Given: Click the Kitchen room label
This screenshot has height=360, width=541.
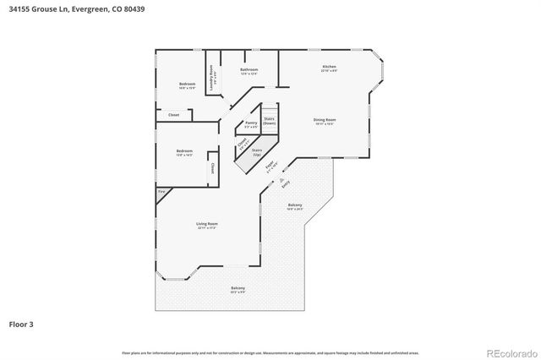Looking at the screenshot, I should pyautogui.click(x=329, y=67).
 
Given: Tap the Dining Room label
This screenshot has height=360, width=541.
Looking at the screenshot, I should pyautogui.click(x=325, y=121).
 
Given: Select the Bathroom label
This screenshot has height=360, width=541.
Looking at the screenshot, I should pyautogui.click(x=249, y=70).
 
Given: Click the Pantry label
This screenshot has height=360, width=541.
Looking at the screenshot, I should pyautogui.click(x=250, y=123).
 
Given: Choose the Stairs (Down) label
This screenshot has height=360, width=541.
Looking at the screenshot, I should pyautogui.click(x=269, y=121).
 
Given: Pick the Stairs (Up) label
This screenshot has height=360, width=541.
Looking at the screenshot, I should pyautogui.click(x=256, y=152).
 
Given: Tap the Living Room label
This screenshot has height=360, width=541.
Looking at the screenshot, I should pyautogui.click(x=207, y=225).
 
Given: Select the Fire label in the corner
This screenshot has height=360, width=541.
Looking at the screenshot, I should pyautogui.click(x=161, y=193).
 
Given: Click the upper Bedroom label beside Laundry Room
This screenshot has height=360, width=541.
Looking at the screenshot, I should pyautogui.click(x=187, y=84).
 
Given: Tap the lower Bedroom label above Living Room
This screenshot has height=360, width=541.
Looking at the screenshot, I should pyautogui.click(x=184, y=152).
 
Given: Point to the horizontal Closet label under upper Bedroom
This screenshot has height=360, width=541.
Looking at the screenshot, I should pyautogui.click(x=173, y=114).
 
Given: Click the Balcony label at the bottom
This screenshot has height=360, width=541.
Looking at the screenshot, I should pyautogui.click(x=238, y=289).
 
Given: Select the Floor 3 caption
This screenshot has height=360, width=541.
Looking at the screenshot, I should pyautogui.click(x=21, y=324).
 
